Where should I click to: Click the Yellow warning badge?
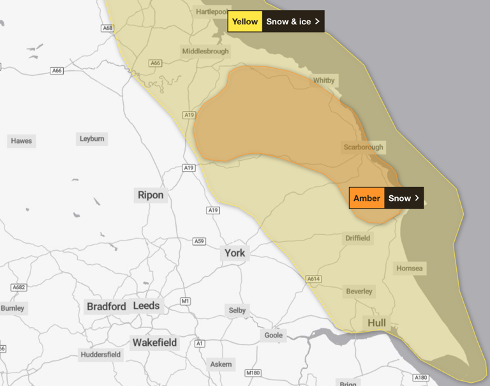tap(244, 22)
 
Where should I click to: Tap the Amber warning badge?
tap(367, 198)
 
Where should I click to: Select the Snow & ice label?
tap(292, 22)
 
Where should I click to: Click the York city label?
tap(235, 253)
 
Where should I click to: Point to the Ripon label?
tap(151, 195)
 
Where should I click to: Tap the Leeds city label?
tap(146, 306)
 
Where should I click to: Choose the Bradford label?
tap(107, 306)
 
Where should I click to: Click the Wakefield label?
tap(154, 343)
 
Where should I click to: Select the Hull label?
tap(377, 323)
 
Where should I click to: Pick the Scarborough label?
tap(364, 147)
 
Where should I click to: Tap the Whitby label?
tap(323, 80)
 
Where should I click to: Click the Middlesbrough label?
tap(204, 51)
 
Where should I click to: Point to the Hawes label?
tap(21, 141)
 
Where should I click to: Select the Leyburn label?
tap(92, 138)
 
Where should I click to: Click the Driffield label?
tap(357, 238)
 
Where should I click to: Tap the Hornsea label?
tap(410, 269)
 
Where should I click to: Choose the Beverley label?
tap(359, 292)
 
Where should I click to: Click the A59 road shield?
tap(200, 241)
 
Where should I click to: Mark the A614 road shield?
tap(313, 279)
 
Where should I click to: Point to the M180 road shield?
tap(253, 372)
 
